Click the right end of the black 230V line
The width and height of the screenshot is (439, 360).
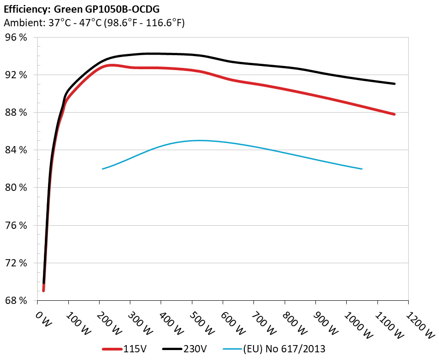tap(395, 84)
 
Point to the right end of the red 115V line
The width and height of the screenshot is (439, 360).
tap(395, 114)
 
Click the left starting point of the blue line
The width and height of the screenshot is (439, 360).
tap(103, 169)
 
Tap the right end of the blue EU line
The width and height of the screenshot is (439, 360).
tap(362, 169)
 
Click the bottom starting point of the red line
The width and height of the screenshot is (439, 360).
tap(43, 290)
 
